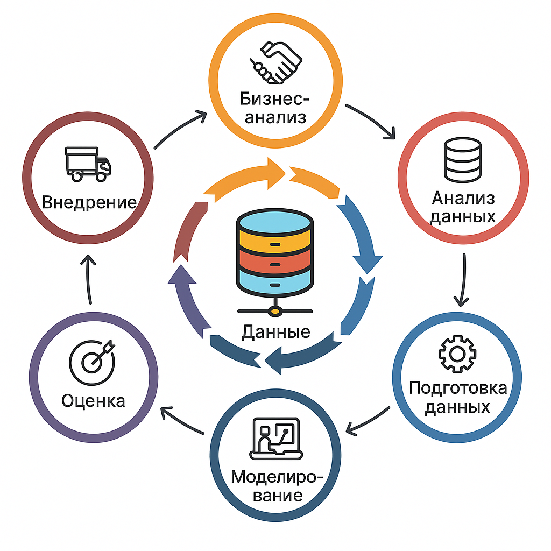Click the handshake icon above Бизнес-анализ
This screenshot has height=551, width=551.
tap(276, 63)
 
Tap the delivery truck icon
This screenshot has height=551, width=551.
tap(88, 164)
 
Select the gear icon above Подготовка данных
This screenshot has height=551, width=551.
tap(457, 354)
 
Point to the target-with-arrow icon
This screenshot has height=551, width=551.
tap(93, 362)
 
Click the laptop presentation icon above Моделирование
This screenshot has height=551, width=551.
tap(276, 439)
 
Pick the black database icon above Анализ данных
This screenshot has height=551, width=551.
tap(462, 160)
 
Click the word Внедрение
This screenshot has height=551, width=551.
tap(89, 202)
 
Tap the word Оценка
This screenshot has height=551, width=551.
tap(93, 400)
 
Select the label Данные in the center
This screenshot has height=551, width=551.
tap(276, 331)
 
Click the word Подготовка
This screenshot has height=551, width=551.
tap(458, 388)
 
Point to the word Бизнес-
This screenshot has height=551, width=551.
tap(275, 99)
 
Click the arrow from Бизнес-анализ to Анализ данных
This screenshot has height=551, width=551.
tap(370, 121)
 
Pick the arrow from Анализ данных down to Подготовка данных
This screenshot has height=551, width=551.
tap(463, 280)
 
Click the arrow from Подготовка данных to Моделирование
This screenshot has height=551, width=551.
tap(368, 421)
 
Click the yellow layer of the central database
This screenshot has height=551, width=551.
tap(275, 243)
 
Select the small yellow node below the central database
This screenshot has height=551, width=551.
tap(275, 312)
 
